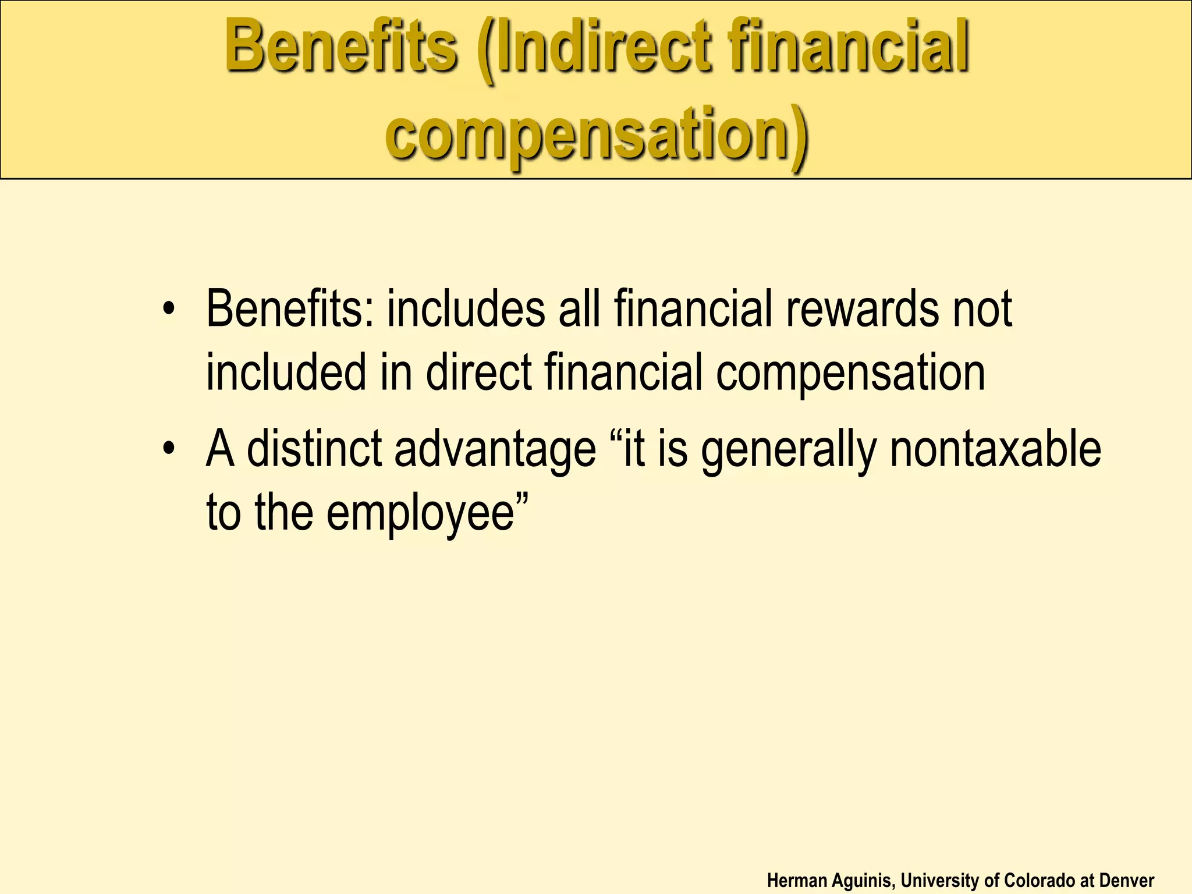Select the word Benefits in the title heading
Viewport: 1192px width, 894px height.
pos(341,47)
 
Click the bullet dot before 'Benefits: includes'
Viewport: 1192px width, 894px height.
pos(169,308)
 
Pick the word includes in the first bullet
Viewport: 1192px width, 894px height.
pos(466,308)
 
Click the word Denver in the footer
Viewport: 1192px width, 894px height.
pos(1127,881)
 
